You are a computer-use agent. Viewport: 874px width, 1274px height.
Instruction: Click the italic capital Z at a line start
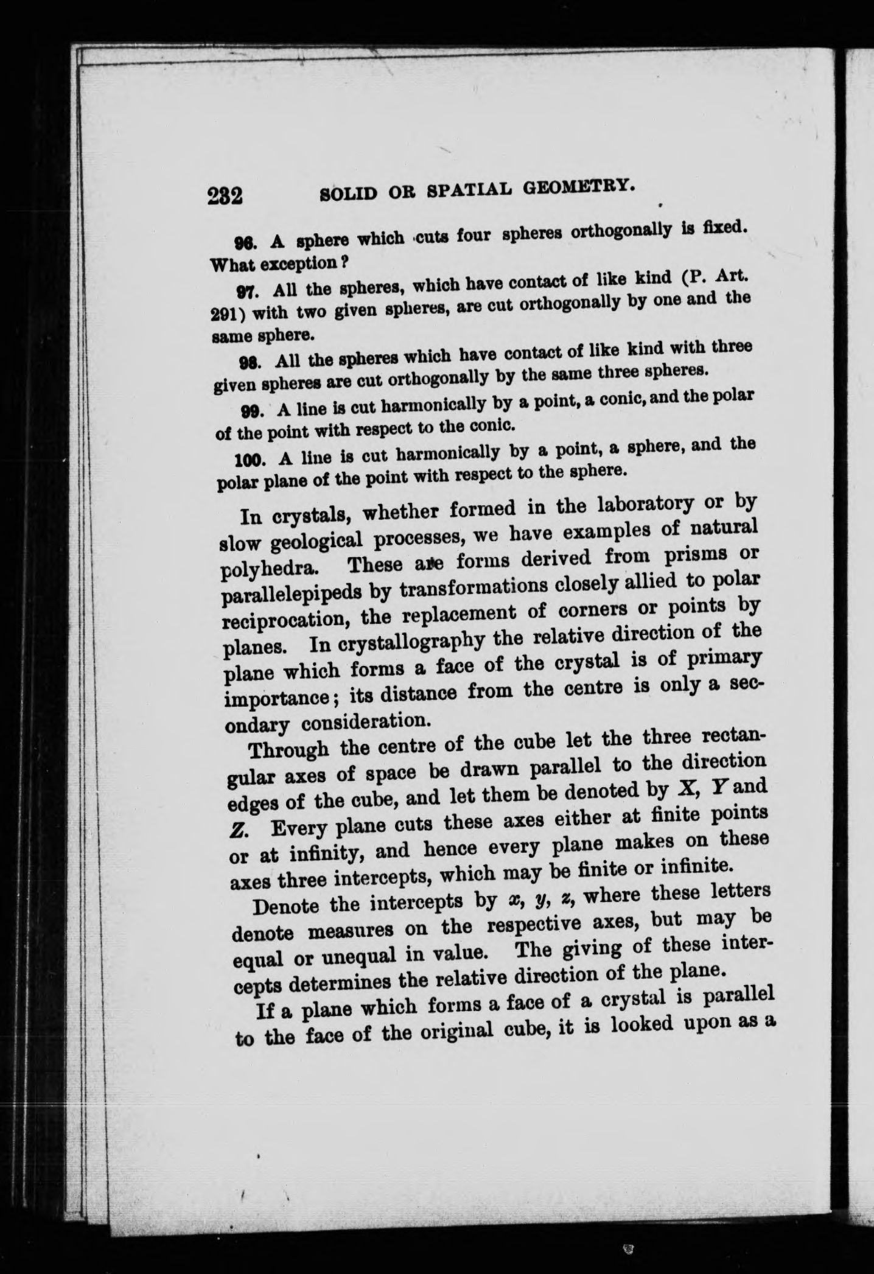239,831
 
